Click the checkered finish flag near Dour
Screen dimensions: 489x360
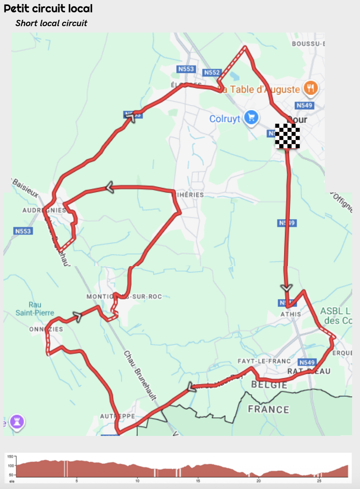pyautogui.click(x=287, y=136)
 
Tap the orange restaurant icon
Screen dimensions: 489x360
pyautogui.click(x=311, y=89)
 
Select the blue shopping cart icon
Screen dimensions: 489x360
pyautogui.click(x=251, y=118)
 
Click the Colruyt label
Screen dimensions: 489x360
pyautogui.click(x=225, y=119)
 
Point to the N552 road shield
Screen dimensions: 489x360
pyautogui.click(x=212, y=73)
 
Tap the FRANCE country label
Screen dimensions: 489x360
pyautogui.click(x=268, y=409)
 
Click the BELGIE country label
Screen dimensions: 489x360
pyautogui.click(x=269, y=385)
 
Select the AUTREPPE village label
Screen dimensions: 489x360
pyautogui.click(x=117, y=416)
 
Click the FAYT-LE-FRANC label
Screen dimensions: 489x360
pyautogui.click(x=264, y=361)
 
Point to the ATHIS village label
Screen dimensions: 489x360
pyautogui.click(x=291, y=314)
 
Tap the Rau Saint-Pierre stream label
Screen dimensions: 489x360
pyautogui.click(x=35, y=309)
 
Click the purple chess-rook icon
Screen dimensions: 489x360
pyautogui.click(x=17, y=422)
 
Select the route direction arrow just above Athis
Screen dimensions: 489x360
pyautogui.click(x=287, y=287)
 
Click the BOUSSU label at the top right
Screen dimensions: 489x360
pyautogui.click(x=308, y=44)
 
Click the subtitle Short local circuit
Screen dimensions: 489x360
pyautogui.click(x=51, y=23)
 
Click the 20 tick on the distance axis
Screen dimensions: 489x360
pyautogui.click(x=258, y=481)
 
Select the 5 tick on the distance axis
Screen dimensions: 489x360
pyautogui.click(x=77, y=481)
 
